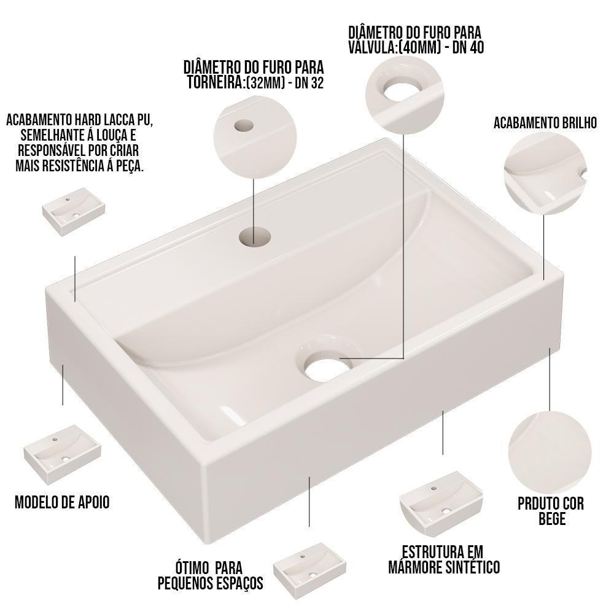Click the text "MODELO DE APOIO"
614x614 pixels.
[x=62, y=502]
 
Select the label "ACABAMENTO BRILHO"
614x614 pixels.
[x=545, y=123]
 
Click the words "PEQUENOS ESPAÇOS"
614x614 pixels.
[x=210, y=582]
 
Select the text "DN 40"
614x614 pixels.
[x=468, y=47]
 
